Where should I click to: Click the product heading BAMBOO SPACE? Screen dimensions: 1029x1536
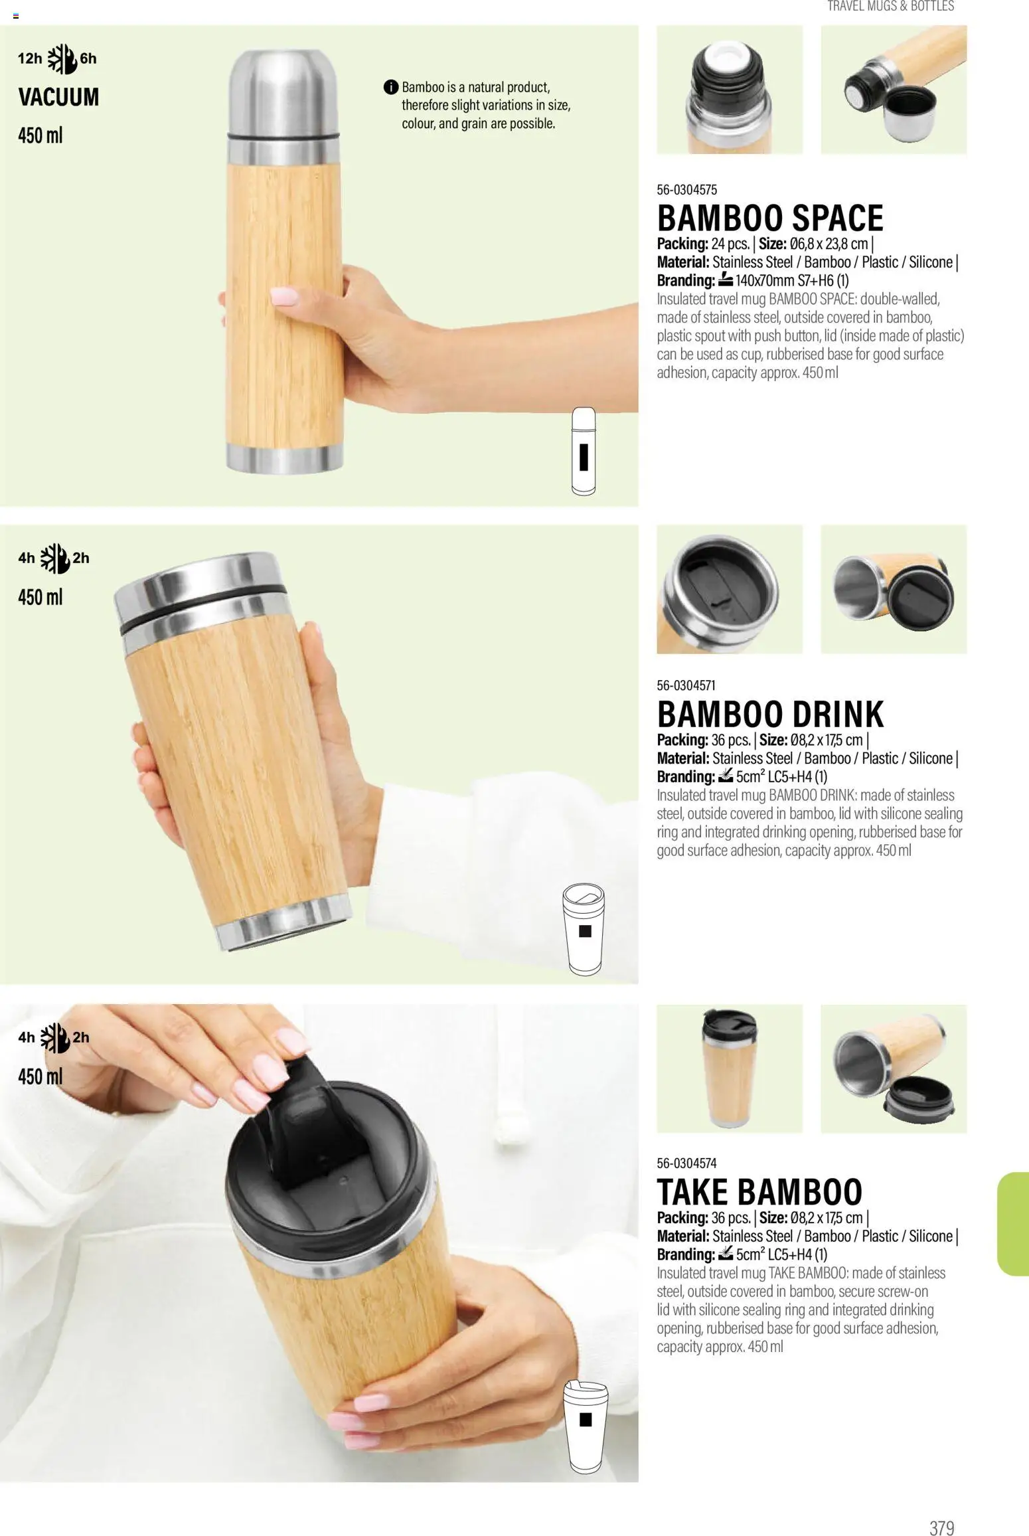pyautogui.click(x=770, y=218)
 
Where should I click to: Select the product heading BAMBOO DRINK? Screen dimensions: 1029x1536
pyautogui.click(x=770, y=714)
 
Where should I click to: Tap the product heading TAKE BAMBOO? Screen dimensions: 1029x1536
pyautogui.click(x=759, y=1192)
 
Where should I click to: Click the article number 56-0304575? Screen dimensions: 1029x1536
pyautogui.click(x=687, y=190)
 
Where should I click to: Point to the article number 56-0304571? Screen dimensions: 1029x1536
pyautogui.click(x=686, y=685)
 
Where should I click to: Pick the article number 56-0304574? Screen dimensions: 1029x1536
pyautogui.click(x=687, y=1163)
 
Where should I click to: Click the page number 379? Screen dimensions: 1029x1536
pyautogui.click(x=941, y=1509)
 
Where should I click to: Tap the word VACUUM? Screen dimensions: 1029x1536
pyautogui.click(x=58, y=98)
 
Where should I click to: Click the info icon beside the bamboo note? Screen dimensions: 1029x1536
pyautogui.click(x=390, y=87)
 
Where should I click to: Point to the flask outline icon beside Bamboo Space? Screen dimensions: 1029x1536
pyautogui.click(x=584, y=452)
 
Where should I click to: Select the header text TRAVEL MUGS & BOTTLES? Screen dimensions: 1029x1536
pyautogui.click(x=890, y=7)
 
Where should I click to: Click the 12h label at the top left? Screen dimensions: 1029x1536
pyautogui.click(x=30, y=58)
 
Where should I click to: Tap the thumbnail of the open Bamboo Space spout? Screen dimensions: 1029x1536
pyautogui.click(x=730, y=90)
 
